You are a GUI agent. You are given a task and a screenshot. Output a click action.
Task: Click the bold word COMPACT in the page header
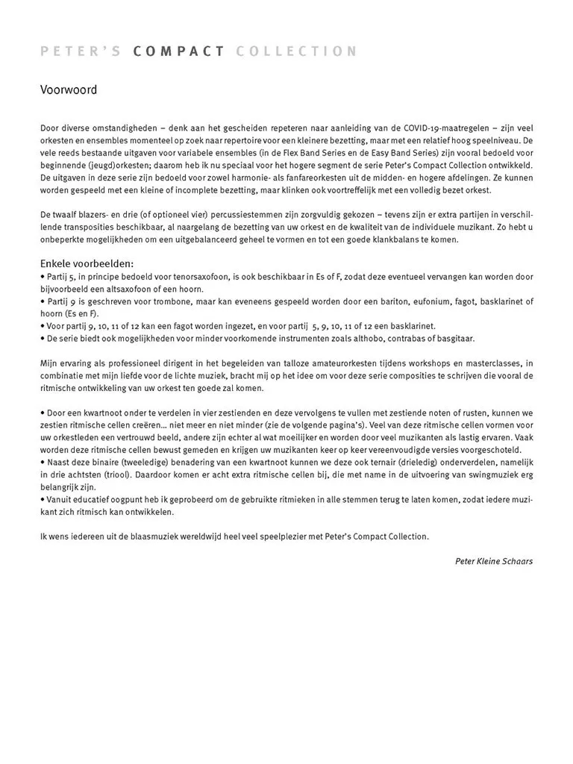(x=179, y=51)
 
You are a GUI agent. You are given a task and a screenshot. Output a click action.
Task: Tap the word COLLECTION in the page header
(x=296, y=51)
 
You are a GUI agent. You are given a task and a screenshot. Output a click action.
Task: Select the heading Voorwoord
(x=69, y=90)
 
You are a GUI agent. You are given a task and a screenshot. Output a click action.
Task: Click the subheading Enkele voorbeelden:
(x=87, y=264)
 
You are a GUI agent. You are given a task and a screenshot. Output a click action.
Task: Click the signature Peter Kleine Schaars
(x=494, y=561)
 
